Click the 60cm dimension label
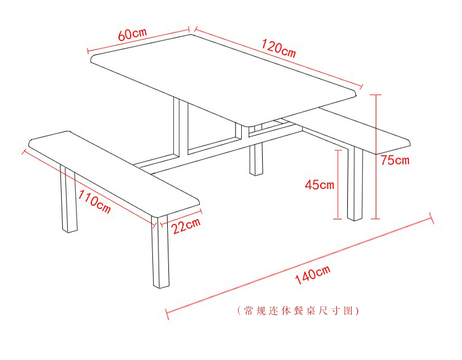click(x=132, y=34)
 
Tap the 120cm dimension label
click(x=279, y=49)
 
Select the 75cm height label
click(x=395, y=160)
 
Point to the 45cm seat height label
click(x=320, y=184)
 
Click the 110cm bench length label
click(x=94, y=202)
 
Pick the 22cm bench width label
click(x=186, y=226)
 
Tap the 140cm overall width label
click(x=313, y=275)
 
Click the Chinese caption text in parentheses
click(x=298, y=311)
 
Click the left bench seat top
click(x=114, y=174)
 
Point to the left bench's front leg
click(x=160, y=252)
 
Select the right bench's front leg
click(x=355, y=183)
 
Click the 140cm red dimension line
click(x=299, y=266)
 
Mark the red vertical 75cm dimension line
click(x=376, y=157)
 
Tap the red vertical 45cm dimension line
click(x=337, y=184)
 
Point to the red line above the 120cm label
click(x=278, y=57)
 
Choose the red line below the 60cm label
click(x=138, y=40)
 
